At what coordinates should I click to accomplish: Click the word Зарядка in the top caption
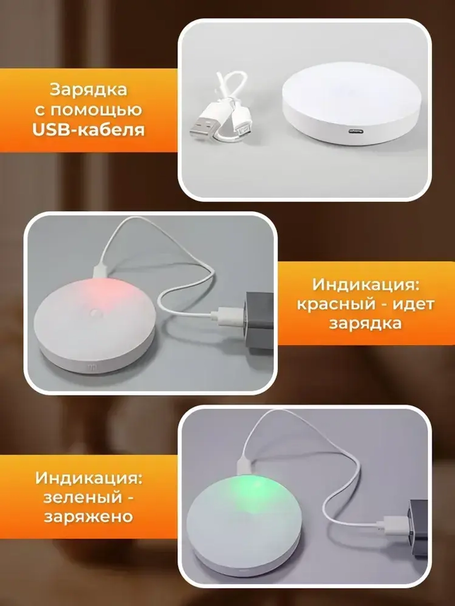click(x=88, y=90)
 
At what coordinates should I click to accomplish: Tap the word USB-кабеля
click(x=88, y=130)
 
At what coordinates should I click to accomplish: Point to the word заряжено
click(x=88, y=517)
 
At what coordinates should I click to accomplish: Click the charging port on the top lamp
click(x=354, y=131)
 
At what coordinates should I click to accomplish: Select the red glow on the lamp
click(x=106, y=296)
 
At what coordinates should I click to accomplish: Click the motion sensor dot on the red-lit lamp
click(x=97, y=314)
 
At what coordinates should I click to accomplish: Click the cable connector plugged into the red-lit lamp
click(x=101, y=270)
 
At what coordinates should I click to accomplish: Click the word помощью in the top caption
click(x=96, y=110)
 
